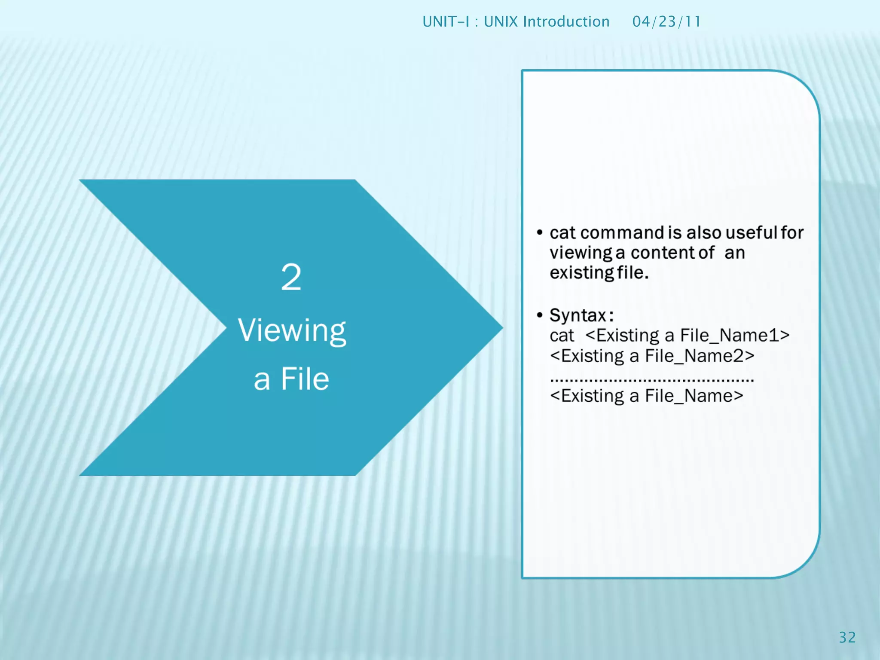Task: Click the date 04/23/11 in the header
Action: [666, 21]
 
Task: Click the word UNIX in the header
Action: [501, 21]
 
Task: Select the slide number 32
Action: [847, 637]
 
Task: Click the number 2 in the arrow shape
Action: [291, 277]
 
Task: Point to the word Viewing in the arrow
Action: [292, 331]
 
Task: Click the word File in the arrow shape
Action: [305, 379]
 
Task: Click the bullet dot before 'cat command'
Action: [540, 233]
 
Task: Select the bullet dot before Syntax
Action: [540, 315]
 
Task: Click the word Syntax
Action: [578, 315]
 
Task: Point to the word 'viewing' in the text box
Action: [581, 253]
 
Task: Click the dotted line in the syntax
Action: [652, 380]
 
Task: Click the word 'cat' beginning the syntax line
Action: [562, 336]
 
